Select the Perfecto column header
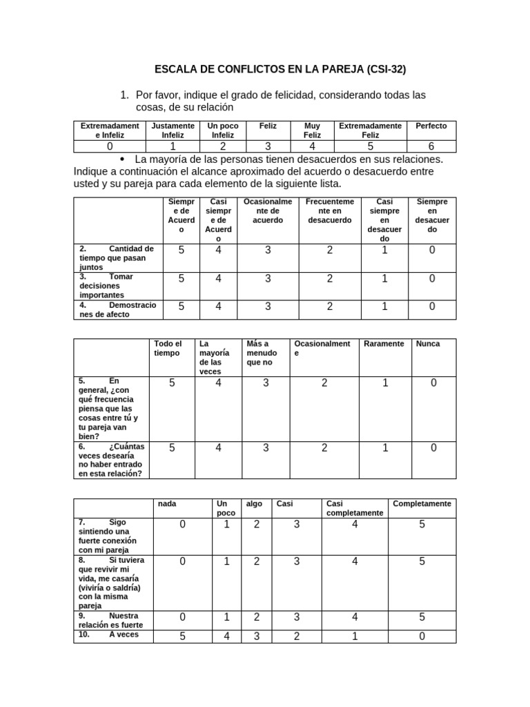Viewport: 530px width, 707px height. (x=431, y=126)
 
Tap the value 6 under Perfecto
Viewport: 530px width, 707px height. (x=431, y=146)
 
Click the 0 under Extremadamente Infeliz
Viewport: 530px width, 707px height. (x=110, y=146)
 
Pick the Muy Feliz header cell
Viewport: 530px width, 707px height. (x=312, y=130)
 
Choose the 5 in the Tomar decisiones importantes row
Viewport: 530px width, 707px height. (x=181, y=278)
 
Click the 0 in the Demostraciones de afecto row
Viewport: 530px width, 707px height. (x=432, y=307)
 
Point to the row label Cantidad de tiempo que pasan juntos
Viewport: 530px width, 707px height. (x=116, y=257)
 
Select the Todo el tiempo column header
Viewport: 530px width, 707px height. (x=168, y=348)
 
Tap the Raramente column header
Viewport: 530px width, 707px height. (x=384, y=344)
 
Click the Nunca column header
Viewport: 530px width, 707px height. (x=428, y=344)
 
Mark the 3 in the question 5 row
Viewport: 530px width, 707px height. (x=266, y=382)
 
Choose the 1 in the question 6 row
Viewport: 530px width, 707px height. (x=385, y=448)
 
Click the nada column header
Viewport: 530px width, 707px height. (x=167, y=504)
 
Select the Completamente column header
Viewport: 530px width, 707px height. (x=422, y=504)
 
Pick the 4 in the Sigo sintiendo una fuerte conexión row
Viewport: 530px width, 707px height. (x=355, y=525)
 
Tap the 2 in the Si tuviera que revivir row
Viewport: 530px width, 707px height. (x=256, y=561)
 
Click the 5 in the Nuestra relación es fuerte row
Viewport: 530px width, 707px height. (x=422, y=617)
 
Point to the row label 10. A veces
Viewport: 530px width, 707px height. (x=110, y=635)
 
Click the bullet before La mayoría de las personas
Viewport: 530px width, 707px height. (x=130, y=159)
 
